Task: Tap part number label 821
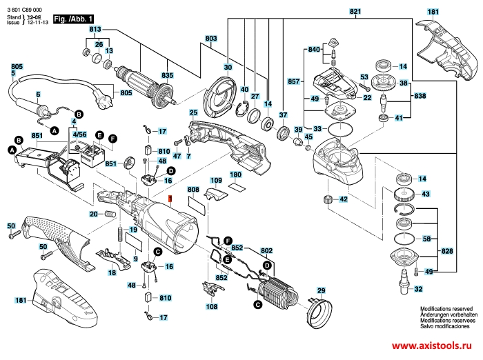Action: point(355,12)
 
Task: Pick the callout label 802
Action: point(267,251)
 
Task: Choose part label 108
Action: point(210,306)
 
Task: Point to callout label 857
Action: point(294,81)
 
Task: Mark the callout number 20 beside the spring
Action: point(93,214)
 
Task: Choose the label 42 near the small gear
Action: point(343,199)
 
